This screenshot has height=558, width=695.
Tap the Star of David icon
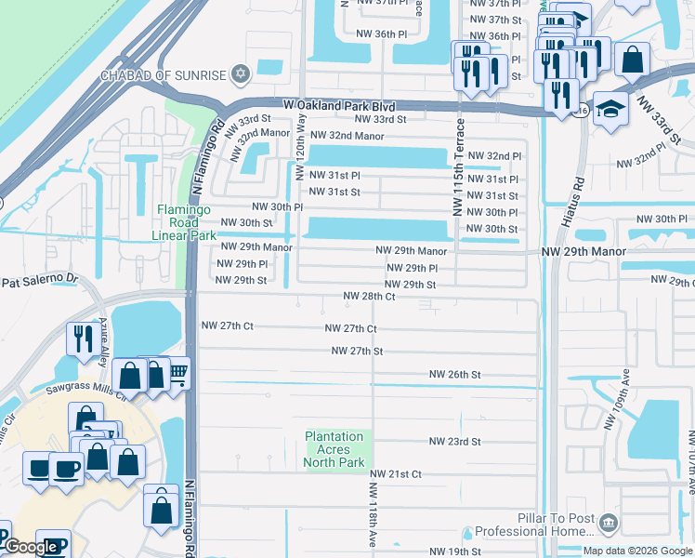241,73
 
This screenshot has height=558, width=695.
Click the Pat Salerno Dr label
43,280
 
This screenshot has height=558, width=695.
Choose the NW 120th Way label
300,148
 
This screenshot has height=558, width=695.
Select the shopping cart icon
176,372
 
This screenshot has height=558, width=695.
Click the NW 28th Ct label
370,296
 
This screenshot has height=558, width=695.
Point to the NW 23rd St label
454,442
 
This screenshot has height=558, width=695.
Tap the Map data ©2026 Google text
636,551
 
